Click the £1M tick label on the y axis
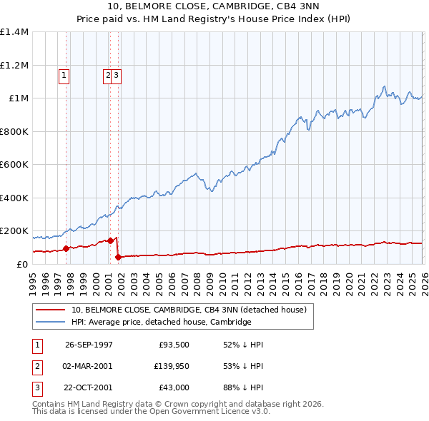pyautogui.click(x=18, y=98)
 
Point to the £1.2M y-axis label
pyautogui.click(x=14, y=65)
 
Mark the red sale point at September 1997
pyautogui.click(x=66, y=249)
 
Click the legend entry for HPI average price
pyautogui.click(x=161, y=322)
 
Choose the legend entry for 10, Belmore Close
pyautogui.click(x=189, y=310)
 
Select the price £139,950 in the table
pyautogui.click(x=169, y=366)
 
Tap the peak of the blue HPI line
pyautogui.click(x=385, y=86)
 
